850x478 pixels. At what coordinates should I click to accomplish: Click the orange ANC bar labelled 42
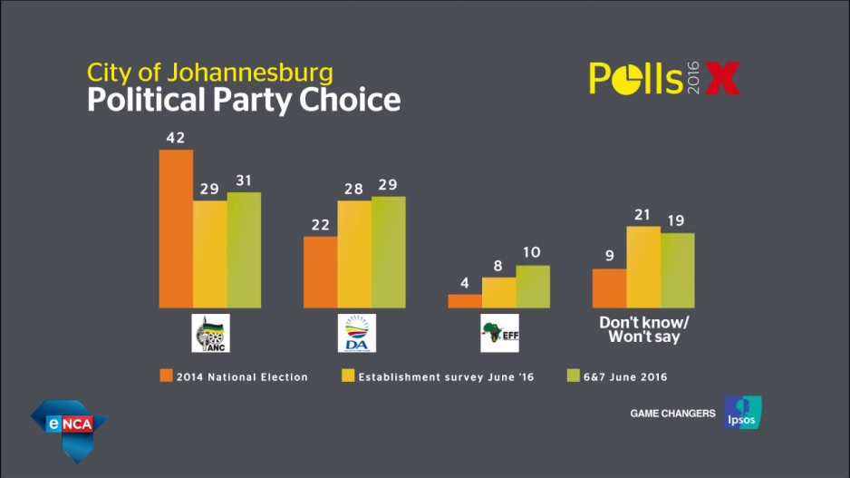point(176,229)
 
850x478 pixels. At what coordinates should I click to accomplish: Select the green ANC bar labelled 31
point(244,249)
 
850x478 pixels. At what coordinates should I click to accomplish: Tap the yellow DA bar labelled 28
point(354,254)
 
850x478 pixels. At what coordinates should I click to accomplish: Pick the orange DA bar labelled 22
point(321,272)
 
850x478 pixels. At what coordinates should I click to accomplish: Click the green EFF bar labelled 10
point(533,286)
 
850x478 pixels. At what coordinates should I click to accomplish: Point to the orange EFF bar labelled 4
point(465,301)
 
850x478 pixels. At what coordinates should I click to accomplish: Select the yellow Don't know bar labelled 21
point(643,267)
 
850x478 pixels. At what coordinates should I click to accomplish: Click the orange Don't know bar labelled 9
point(609,288)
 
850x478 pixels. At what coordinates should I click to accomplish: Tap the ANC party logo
point(211,333)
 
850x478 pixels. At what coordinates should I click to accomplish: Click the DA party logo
point(356,333)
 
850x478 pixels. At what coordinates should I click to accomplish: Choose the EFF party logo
point(499,333)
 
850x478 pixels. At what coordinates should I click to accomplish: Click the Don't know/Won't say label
point(643,330)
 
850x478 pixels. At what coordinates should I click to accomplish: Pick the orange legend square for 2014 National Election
point(165,376)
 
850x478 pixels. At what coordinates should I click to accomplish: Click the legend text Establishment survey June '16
point(447,377)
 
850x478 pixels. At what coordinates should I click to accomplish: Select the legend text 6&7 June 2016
point(626,377)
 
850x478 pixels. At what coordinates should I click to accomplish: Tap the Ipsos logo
point(742,413)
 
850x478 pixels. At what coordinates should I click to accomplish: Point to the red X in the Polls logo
point(722,79)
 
